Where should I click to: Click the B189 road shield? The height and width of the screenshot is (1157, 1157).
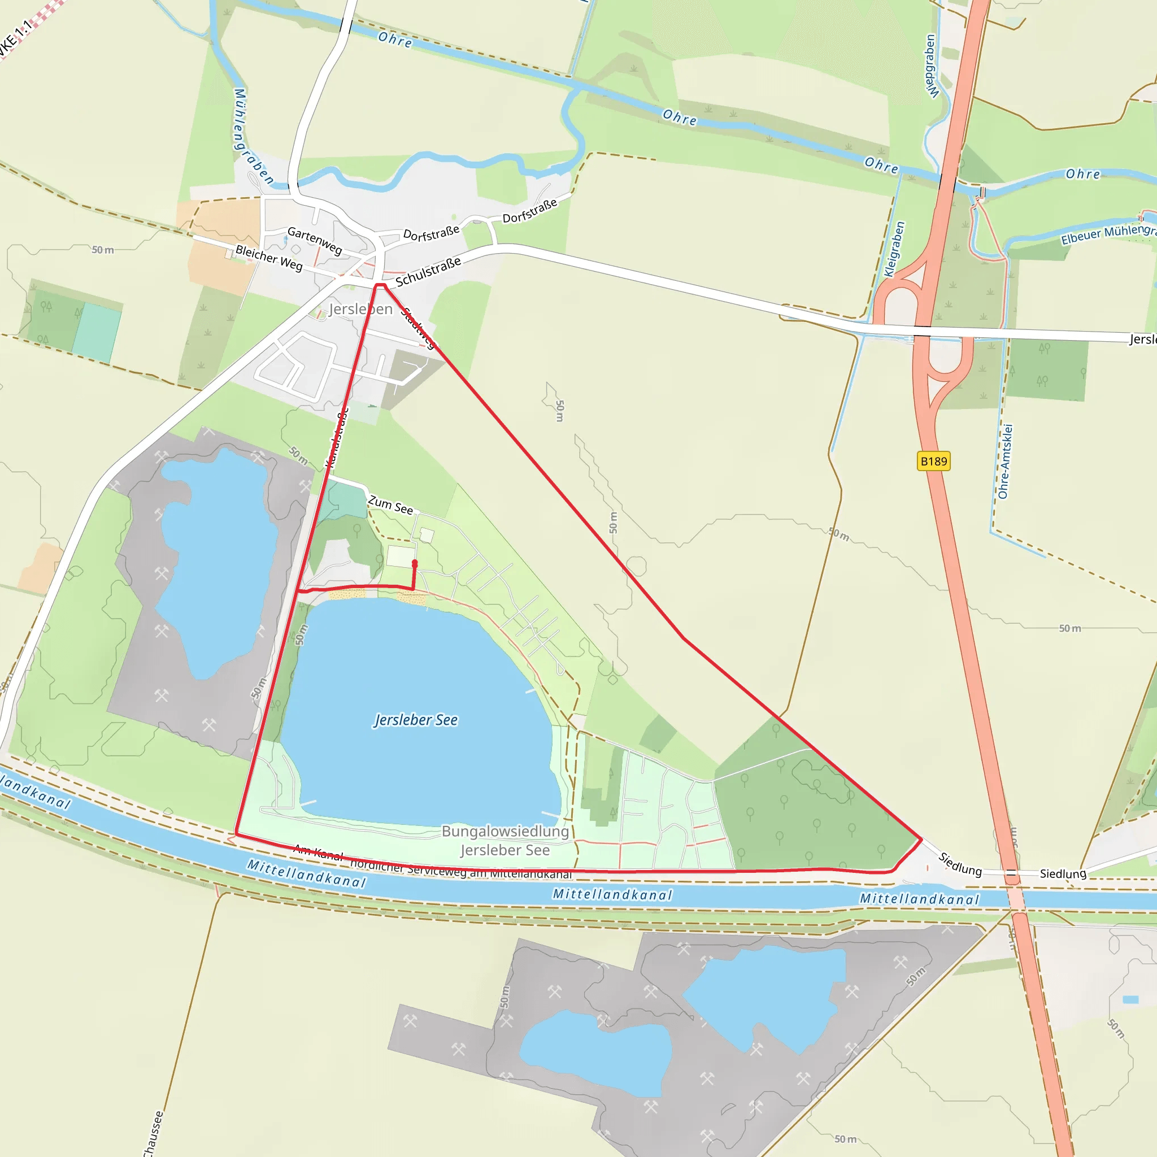point(934,461)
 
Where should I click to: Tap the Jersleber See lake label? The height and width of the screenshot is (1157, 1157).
point(416,720)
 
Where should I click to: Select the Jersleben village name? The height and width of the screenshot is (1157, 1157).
point(360,309)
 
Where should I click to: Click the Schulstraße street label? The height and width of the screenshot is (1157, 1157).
point(428,271)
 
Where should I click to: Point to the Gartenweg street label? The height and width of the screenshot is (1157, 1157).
point(315,240)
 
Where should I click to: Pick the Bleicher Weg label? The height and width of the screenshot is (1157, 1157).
point(269,258)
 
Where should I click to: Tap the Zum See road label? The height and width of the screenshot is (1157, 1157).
point(390,505)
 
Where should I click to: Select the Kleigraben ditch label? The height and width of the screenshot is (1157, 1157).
point(895,250)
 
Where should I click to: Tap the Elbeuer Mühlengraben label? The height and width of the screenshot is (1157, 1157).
point(1108,233)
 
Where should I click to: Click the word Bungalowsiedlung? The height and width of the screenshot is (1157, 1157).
point(506,831)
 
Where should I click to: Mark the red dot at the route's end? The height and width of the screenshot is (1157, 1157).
point(415,563)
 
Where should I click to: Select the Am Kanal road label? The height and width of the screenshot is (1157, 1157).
point(318,851)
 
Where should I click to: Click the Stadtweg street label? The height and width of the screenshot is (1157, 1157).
point(419,328)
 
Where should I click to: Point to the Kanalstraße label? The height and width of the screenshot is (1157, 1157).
point(337,437)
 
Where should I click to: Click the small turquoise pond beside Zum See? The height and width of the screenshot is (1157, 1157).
point(346,501)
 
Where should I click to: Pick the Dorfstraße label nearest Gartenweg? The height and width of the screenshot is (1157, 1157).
point(431,233)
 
